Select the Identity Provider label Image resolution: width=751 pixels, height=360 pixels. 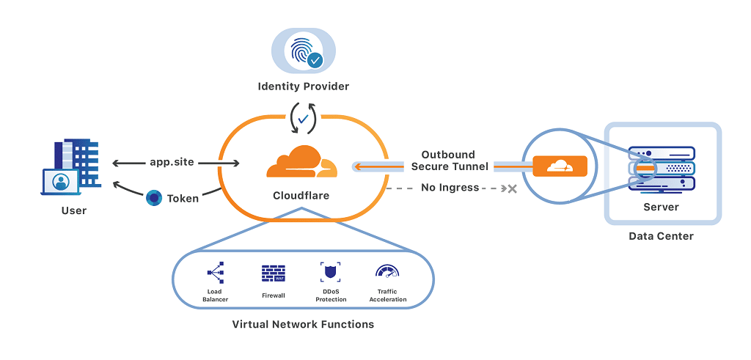coord(303,87)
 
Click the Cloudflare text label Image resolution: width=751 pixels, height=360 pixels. coord(301,196)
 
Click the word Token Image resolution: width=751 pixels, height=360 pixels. coord(183,198)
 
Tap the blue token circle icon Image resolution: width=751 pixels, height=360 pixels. coord(154,197)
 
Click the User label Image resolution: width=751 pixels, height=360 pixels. coord(73,210)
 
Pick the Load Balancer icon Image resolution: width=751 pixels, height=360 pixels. coord(214,273)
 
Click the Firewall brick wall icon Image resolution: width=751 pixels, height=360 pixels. coord(273,273)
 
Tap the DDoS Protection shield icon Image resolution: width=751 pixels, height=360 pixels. coord(330,273)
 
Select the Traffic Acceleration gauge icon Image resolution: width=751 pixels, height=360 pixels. coord(387,273)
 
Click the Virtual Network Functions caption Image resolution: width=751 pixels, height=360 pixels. coord(303,324)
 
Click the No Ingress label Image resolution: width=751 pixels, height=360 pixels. coord(450,188)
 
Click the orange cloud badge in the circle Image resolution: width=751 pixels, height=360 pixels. coord(560,166)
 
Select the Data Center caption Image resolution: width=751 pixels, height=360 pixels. coord(661,236)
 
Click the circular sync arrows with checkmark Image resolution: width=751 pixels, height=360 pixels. coord(303,117)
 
